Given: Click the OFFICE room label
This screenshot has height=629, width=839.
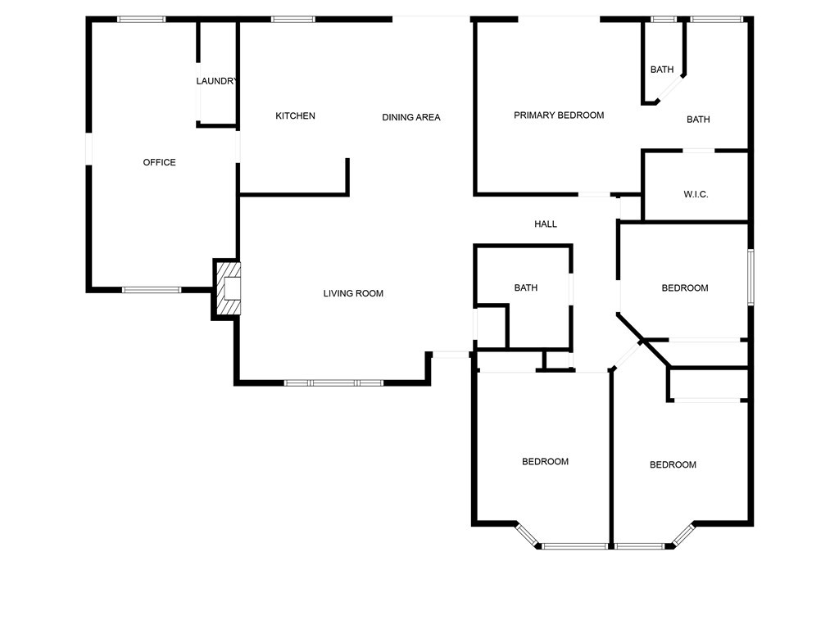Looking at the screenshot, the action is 159,162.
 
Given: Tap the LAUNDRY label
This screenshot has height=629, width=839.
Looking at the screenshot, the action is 215,81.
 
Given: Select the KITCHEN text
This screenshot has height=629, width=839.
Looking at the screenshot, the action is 295,115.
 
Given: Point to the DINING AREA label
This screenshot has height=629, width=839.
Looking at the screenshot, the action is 411,117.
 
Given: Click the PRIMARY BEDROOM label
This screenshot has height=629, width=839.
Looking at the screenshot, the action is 559,115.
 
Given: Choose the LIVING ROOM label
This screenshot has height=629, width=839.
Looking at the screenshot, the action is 353,293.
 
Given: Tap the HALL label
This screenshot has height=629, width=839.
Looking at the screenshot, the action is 545,224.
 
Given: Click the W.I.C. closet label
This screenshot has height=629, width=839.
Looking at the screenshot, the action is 696,194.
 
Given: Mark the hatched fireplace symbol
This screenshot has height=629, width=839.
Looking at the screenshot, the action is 227,289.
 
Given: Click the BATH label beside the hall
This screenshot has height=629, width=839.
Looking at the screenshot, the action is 525,287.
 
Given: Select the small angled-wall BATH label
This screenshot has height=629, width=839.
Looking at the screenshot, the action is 662,70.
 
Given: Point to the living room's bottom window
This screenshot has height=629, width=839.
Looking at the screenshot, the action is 333,383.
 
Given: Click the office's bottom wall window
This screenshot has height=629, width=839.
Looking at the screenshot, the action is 152,290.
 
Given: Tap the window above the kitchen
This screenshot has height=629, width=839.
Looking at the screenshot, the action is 293,20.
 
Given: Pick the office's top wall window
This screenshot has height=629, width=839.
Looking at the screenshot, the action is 141,20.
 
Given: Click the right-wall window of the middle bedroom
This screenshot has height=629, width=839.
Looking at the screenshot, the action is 751,277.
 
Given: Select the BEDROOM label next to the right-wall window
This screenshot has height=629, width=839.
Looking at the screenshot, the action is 685,287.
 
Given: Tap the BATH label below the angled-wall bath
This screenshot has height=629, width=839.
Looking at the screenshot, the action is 698,120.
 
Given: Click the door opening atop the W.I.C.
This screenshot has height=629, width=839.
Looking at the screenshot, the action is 698,151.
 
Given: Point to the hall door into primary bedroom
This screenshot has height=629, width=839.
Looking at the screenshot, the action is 594,194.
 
